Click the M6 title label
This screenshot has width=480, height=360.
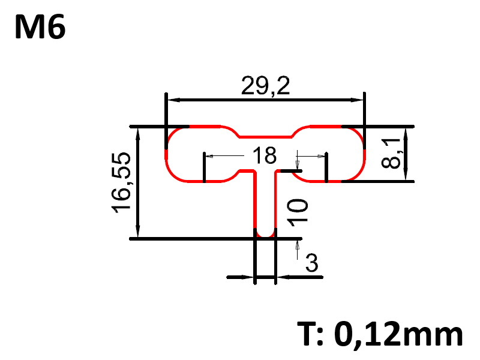pyautogui.click(x=40, y=27)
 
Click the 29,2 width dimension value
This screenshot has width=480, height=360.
pyautogui.click(x=265, y=86)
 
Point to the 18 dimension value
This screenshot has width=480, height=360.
pyautogui.click(x=264, y=156)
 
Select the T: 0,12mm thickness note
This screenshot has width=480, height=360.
pyautogui.click(x=380, y=334)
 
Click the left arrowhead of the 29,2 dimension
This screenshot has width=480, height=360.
pyautogui.click(x=172, y=100)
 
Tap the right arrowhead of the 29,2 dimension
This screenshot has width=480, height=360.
pyautogui.click(x=359, y=100)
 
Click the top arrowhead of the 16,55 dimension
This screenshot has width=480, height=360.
pyautogui.click(x=139, y=131)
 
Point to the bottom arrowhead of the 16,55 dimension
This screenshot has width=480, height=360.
pyautogui.click(x=139, y=234)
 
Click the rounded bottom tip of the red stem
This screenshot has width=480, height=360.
pyautogui.click(x=265, y=235)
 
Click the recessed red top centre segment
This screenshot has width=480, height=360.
pyautogui.click(x=265, y=136)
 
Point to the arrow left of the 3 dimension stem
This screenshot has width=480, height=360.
pyautogui.click(x=248, y=277)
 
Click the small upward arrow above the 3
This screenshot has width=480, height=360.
pyautogui.click(x=296, y=247)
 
